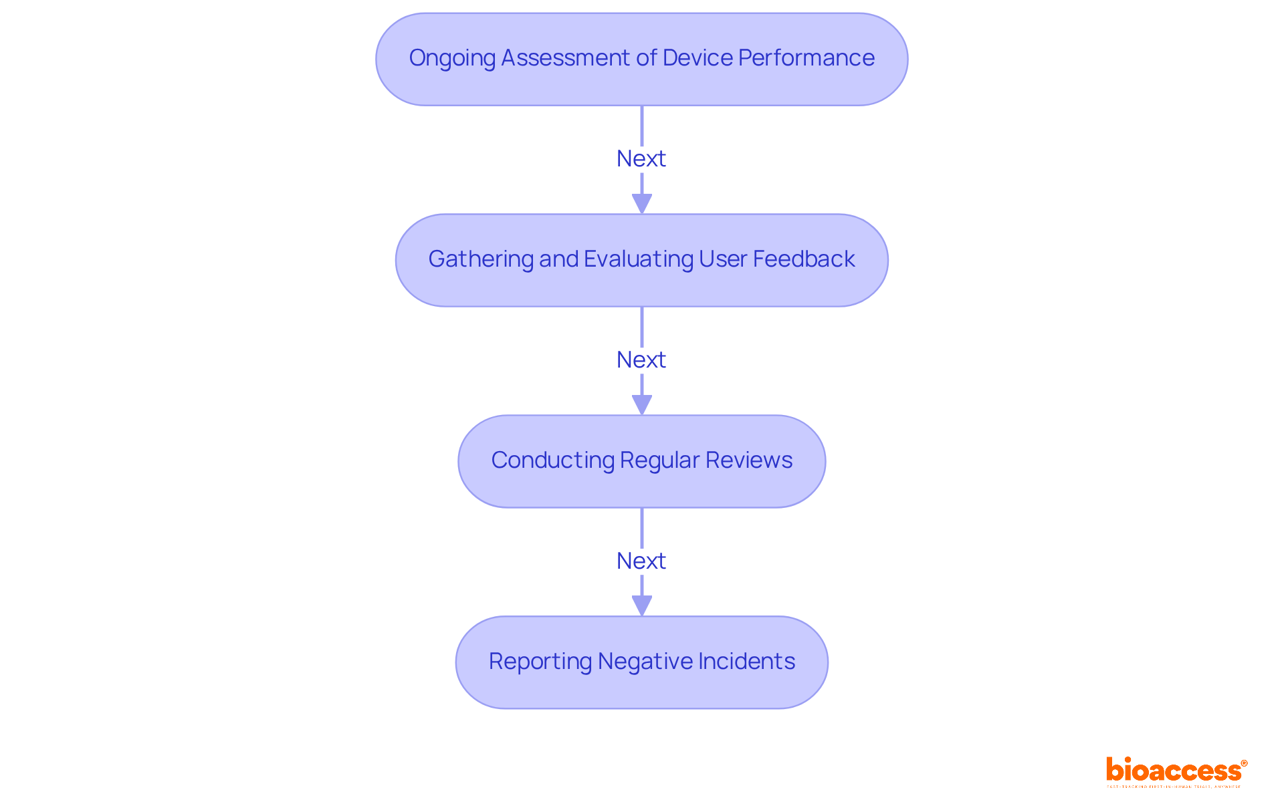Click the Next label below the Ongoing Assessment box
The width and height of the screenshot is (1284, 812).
[641, 159]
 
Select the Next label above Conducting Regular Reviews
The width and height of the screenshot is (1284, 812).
[641, 360]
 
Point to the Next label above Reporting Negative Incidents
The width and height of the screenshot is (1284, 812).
[641, 561]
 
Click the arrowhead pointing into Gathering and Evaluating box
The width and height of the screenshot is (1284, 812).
[642, 204]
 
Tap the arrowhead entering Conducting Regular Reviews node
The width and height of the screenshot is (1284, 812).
[642, 405]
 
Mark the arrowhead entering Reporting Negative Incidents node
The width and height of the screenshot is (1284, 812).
[642, 606]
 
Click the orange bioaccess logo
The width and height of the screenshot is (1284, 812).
[1176, 771]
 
